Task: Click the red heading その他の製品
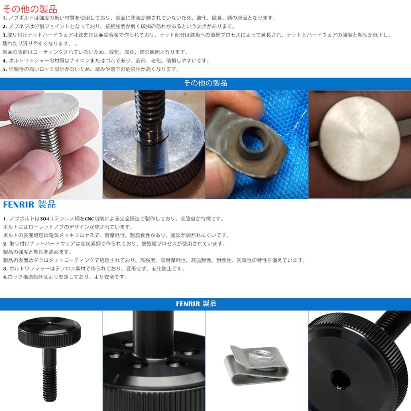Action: [x=30, y=9]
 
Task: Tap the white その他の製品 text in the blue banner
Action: [x=205, y=83]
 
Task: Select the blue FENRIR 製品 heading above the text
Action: [x=29, y=204]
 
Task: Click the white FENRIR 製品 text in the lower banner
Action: [x=196, y=304]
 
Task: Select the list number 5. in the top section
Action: [x=5, y=69]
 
